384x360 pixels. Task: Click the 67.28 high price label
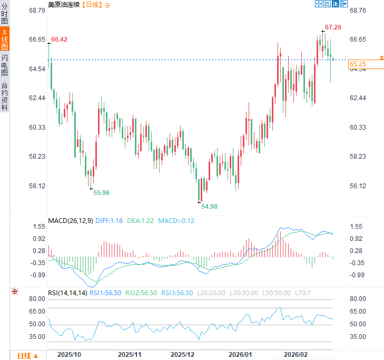(333, 27)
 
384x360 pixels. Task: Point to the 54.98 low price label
(209, 206)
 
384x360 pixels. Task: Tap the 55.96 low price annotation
(101, 193)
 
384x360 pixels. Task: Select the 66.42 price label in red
(59, 40)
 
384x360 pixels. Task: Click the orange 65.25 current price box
(358, 64)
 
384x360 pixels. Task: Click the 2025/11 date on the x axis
(130, 355)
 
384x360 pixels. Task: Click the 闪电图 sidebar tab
(5, 65)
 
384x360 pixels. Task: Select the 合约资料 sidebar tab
(5, 96)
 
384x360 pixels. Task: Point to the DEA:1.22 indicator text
(141, 220)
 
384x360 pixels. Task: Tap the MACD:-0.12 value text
(176, 220)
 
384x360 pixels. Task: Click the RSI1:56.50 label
(105, 293)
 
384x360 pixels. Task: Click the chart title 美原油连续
(63, 5)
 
